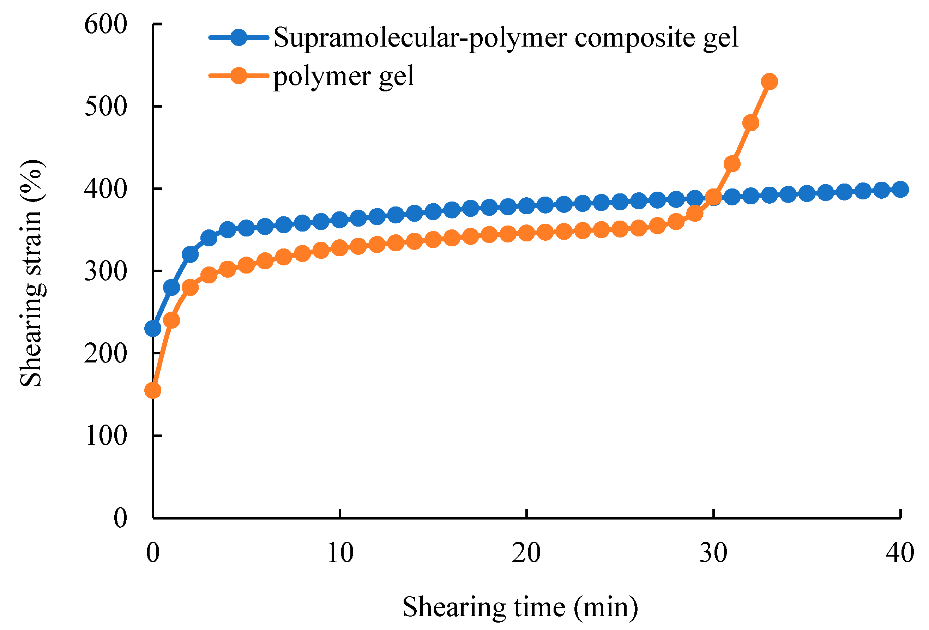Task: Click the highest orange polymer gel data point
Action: [770, 82]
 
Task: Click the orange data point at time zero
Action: [153, 390]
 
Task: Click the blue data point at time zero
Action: [153, 329]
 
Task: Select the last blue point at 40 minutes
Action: [900, 190]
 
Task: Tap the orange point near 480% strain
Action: [751, 123]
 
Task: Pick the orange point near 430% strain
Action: [732, 164]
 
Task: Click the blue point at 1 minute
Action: [171, 287]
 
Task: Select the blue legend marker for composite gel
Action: [239, 37]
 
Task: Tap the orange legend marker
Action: [239, 75]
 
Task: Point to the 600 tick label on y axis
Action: [105, 25]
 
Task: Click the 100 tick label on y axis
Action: [105, 436]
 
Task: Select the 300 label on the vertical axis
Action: [105, 271]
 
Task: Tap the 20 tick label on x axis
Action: [526, 554]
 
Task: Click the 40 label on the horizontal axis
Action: [900, 554]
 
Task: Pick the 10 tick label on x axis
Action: [340, 554]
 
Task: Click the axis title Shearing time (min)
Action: [520, 607]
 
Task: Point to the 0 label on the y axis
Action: [120, 518]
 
